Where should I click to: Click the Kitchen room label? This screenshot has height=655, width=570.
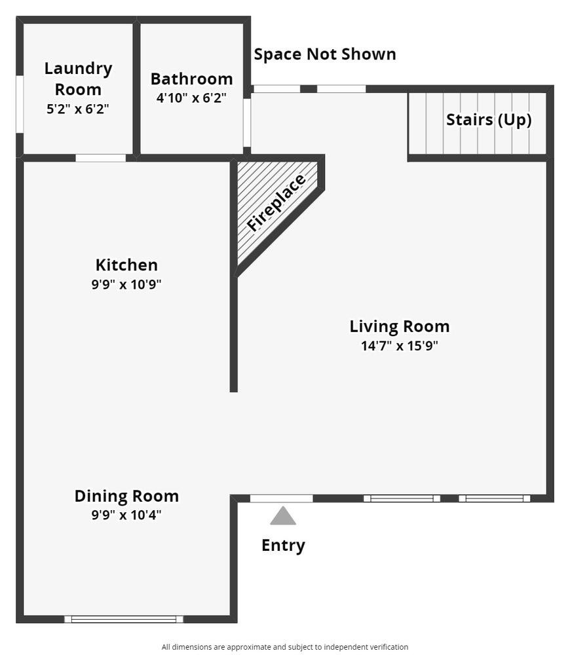click(x=126, y=265)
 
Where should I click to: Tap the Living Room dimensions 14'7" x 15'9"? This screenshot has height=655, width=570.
click(x=400, y=346)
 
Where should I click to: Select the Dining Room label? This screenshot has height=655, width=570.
click(x=126, y=496)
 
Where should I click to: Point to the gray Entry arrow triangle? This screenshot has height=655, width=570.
click(x=283, y=515)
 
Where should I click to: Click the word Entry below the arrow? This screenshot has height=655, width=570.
click(x=283, y=546)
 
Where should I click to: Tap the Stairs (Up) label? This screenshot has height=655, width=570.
click(x=489, y=120)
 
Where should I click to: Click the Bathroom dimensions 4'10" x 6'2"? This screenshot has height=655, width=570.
click(x=191, y=98)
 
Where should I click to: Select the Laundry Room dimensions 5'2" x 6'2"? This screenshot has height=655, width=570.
click(x=78, y=109)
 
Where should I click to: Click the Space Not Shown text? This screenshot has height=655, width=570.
click(x=325, y=54)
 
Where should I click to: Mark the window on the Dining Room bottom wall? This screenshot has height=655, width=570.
click(x=124, y=619)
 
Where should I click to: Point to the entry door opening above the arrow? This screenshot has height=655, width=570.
click(x=281, y=498)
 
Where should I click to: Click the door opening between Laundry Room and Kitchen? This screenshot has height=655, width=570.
click(x=101, y=158)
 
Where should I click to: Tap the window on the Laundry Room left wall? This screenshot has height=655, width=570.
click(x=20, y=104)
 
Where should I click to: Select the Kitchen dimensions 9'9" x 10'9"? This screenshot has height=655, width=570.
click(x=126, y=284)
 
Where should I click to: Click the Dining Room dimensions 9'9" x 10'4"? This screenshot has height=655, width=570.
click(x=126, y=515)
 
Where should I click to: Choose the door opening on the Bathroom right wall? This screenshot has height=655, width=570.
click(x=247, y=123)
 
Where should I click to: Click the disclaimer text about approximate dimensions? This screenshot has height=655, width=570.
click(x=285, y=647)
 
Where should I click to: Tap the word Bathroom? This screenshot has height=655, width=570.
click(x=191, y=79)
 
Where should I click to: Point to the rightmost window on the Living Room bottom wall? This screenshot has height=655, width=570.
click(x=495, y=498)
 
